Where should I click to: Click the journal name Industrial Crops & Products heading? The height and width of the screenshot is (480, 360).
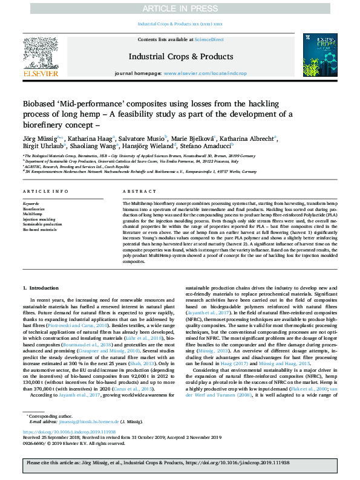[180, 56]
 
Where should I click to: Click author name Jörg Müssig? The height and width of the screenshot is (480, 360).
[42, 138]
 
